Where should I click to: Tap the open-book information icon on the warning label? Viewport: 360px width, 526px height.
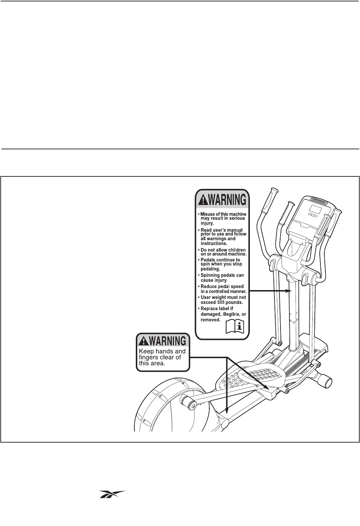click(x=236, y=326)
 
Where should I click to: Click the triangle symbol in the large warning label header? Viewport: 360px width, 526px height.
click(x=202, y=200)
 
